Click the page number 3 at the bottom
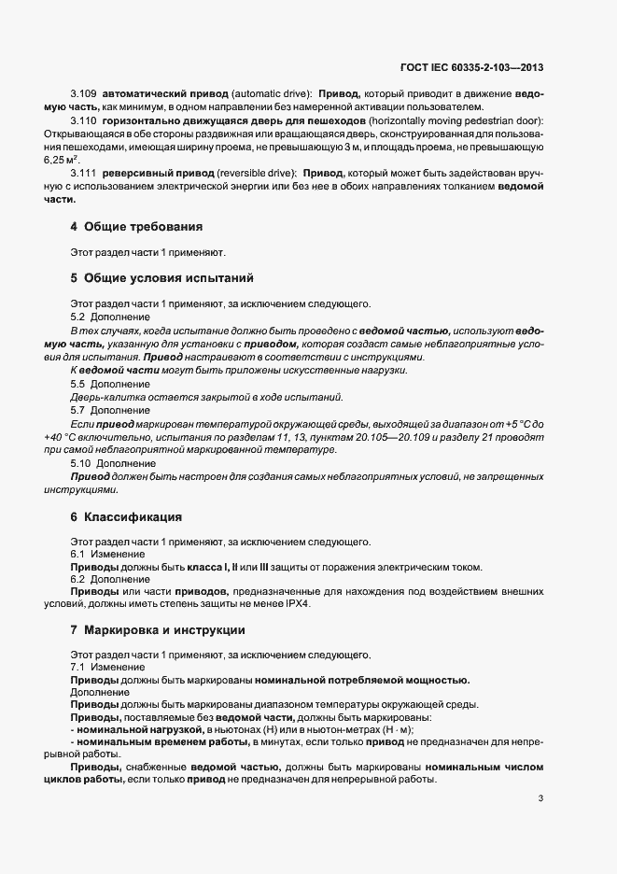click(540, 797)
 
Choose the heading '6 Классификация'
click(133, 516)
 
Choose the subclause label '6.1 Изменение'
click(107, 555)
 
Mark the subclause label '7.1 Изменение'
click(107, 667)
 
